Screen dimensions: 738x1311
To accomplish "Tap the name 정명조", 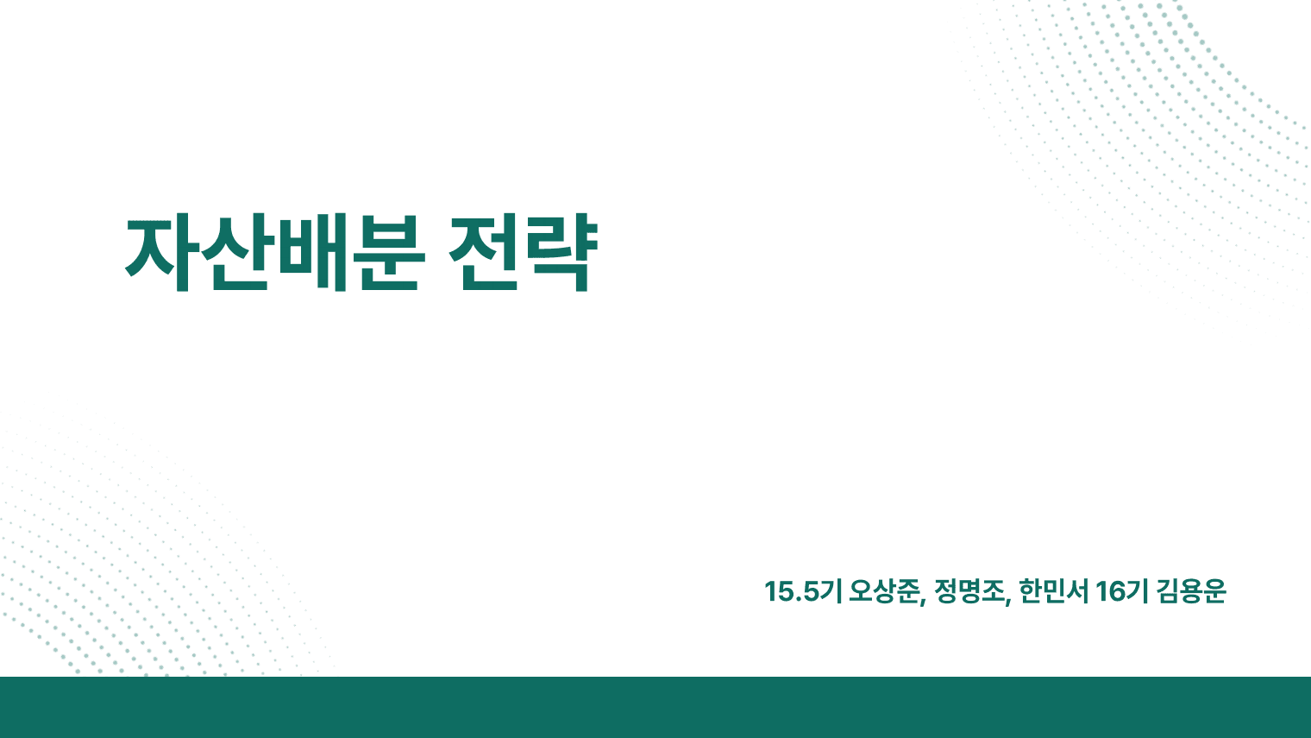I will [969, 592].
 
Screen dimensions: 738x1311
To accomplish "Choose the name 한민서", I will [1053, 592].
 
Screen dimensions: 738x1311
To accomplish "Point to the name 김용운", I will [1191, 592].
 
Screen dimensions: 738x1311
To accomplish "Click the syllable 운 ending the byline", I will [1214, 592].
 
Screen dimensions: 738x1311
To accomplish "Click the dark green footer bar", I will [655, 708].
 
